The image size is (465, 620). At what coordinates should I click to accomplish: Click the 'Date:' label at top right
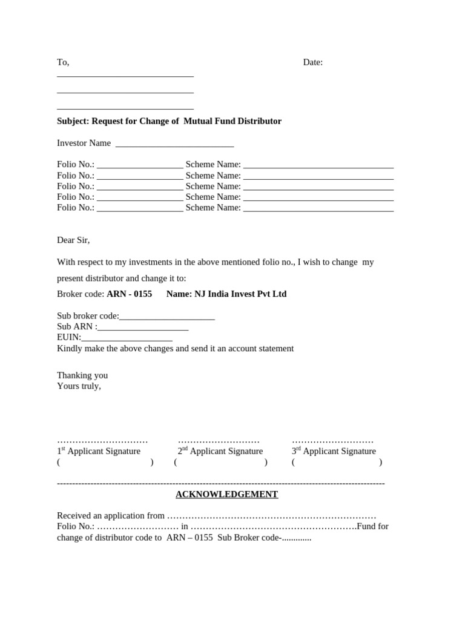[312, 62]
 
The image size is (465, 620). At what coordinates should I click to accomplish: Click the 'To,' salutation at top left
[63, 62]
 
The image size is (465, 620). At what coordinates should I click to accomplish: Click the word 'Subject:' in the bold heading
[73, 121]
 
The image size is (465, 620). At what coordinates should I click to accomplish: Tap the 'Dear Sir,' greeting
[73, 240]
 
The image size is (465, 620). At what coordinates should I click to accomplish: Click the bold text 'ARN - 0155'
[129, 294]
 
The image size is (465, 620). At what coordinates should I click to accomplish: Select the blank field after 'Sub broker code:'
[167, 317]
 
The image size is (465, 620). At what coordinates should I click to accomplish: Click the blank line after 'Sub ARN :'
[143, 328]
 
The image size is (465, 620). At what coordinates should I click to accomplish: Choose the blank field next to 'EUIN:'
[127, 338]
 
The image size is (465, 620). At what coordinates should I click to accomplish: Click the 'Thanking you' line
[82, 375]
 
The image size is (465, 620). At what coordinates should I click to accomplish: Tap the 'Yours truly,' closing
[79, 386]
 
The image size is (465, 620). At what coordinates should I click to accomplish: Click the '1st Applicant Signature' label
[99, 451]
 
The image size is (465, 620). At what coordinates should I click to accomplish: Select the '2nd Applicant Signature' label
[220, 451]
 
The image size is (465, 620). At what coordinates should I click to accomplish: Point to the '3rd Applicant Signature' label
[334, 451]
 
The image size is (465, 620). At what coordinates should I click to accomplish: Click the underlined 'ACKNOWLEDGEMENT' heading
[226, 495]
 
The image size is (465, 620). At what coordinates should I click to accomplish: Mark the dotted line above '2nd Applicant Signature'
[219, 441]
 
